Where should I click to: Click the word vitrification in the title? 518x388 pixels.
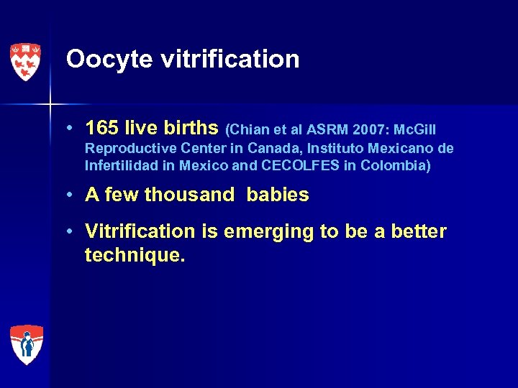click(230, 59)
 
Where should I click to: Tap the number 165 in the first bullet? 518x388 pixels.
click(101, 128)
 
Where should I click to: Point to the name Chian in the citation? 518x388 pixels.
click(249, 129)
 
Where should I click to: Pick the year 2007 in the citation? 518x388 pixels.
click(372, 129)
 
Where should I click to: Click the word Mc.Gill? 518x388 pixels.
click(415, 129)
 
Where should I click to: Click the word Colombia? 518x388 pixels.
click(394, 167)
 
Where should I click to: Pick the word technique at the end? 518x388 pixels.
click(133, 254)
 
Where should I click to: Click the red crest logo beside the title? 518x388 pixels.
click(25, 62)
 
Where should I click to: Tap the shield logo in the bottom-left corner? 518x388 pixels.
click(27, 344)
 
